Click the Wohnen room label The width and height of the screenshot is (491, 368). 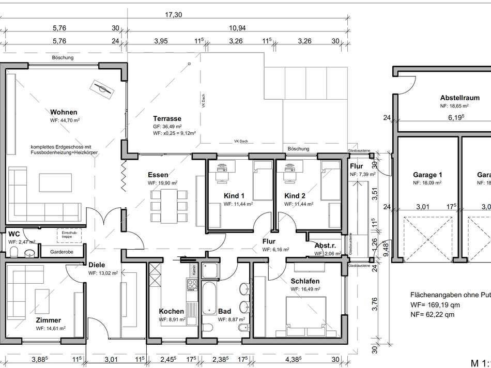pyautogui.click(x=64, y=112)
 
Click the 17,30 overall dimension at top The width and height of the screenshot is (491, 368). pyautogui.click(x=174, y=15)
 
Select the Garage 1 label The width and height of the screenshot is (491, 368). pyautogui.click(x=427, y=175)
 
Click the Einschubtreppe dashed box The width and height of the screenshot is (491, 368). pyautogui.click(x=69, y=236)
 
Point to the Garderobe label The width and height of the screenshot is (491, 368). pyautogui.click(x=60, y=253)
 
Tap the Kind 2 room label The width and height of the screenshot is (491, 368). pyautogui.click(x=295, y=196)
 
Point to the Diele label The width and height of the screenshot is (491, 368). pyautogui.click(x=97, y=264)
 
